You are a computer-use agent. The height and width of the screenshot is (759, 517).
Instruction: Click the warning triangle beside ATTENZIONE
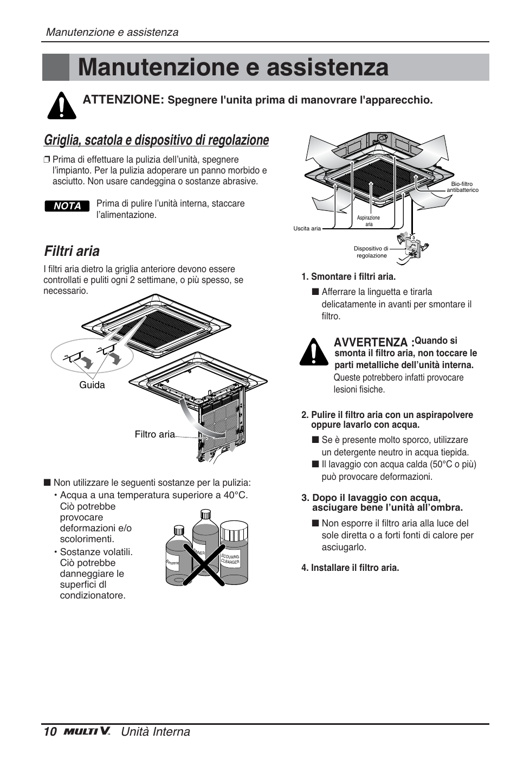pyautogui.click(x=62, y=105)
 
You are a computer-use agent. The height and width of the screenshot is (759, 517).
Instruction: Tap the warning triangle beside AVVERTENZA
pyautogui.click(x=314, y=352)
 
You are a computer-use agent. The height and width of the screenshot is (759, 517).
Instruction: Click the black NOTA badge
pyautogui.click(x=67, y=206)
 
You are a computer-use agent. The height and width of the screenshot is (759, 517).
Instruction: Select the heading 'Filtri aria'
pyautogui.click(x=72, y=251)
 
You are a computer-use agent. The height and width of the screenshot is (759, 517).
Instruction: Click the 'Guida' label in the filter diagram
pyautogui.click(x=92, y=385)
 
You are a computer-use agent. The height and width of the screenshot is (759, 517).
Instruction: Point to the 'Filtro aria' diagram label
pyautogui.click(x=154, y=434)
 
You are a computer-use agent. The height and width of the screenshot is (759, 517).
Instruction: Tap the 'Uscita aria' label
pyautogui.click(x=307, y=228)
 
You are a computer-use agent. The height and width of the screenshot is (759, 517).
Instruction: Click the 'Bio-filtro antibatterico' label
pyautogui.click(x=462, y=187)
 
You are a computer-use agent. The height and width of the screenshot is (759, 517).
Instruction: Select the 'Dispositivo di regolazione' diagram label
pyautogui.click(x=371, y=252)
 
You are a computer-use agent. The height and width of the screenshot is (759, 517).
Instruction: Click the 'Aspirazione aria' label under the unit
pyautogui.click(x=369, y=221)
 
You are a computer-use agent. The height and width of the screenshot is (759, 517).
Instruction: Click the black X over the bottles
pyautogui.click(x=204, y=564)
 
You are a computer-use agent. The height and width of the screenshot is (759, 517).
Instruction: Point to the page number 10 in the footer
pyautogui.click(x=50, y=732)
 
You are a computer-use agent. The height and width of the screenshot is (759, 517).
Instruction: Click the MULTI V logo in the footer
pyautogui.click(x=87, y=732)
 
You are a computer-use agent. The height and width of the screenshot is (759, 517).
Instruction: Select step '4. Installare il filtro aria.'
pyautogui.click(x=350, y=568)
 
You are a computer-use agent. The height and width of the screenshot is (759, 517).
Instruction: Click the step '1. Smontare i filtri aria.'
pyautogui.click(x=348, y=276)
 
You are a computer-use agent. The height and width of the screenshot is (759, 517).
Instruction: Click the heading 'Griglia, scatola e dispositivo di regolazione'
pyautogui.click(x=156, y=140)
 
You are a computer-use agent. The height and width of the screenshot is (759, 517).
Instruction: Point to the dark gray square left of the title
pyautogui.click(x=56, y=68)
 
